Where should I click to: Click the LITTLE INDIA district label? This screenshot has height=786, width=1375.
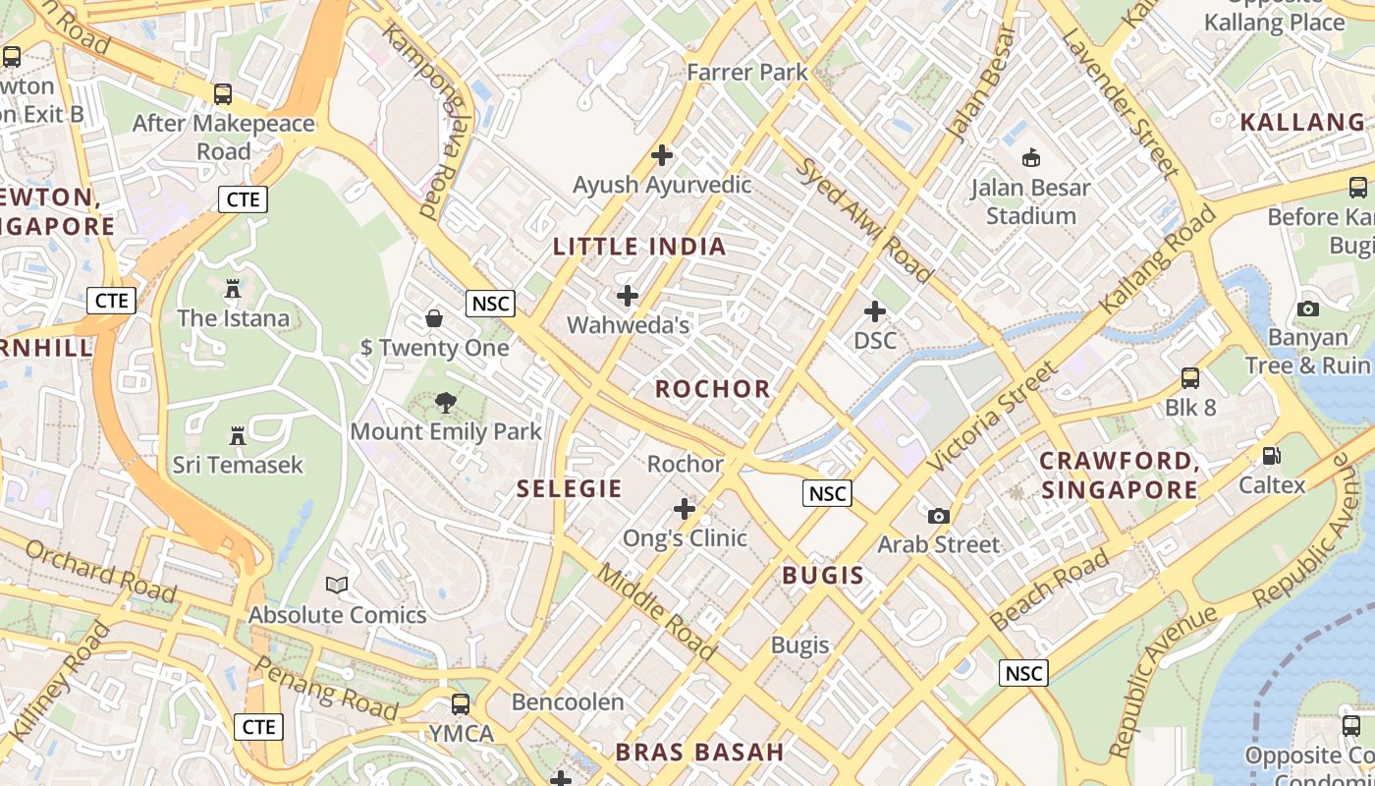coord(639,247)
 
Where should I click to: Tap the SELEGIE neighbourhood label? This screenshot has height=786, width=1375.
coord(570,488)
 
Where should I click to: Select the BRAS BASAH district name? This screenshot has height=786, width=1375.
coord(699,753)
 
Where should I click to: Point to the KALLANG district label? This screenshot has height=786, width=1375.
coord(1302,123)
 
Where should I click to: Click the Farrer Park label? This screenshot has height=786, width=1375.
coord(747,72)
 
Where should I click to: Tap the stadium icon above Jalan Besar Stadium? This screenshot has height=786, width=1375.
coord(1031,157)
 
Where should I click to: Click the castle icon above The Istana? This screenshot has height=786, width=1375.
coord(233,289)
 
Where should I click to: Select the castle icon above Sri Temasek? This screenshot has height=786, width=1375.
coord(237,435)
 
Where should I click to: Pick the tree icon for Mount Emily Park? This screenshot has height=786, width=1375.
coord(446,402)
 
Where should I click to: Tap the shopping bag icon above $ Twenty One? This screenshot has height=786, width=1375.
coord(433,318)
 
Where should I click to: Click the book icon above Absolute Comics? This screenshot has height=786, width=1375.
coord(337,586)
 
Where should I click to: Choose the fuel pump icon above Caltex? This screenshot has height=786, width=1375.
coord(1271,456)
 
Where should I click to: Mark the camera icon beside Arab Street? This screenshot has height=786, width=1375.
coord(939,516)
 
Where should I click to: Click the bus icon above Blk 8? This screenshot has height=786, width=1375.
coord(1190,377)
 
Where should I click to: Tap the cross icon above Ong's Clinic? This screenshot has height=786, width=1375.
coord(685,509)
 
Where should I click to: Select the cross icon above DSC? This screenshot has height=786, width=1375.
coord(874,311)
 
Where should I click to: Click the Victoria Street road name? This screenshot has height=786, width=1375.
coord(994,416)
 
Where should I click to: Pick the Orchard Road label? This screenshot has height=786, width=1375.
coord(100,571)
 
